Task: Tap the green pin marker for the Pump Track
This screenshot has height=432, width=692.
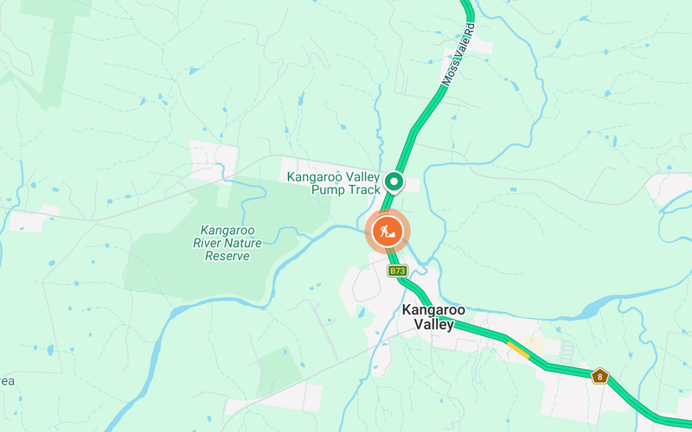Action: coord(394,181)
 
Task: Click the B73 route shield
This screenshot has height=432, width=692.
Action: coord(397,271)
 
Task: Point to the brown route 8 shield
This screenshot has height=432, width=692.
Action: coord(599,376)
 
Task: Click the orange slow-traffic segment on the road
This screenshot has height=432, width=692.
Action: coord(518,349)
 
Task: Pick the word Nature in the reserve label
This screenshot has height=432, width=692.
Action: coord(245,244)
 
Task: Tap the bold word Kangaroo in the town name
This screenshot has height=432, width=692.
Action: coord(434,310)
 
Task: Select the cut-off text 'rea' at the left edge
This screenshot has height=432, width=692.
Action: coord(7,380)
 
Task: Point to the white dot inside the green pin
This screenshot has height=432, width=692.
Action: coord(394,181)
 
